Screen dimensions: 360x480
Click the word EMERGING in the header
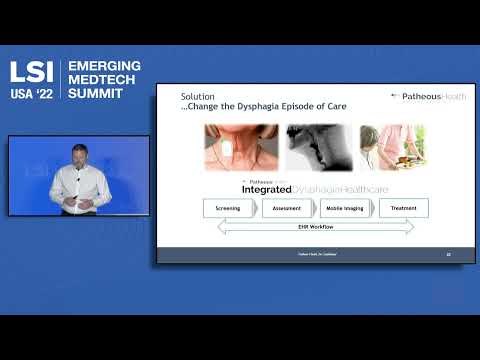click(x=104, y=66)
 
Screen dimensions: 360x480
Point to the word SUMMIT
click(x=96, y=94)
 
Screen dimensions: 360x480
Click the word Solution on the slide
click(x=198, y=97)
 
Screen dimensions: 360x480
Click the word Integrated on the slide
click(x=267, y=189)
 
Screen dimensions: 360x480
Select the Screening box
click(x=229, y=208)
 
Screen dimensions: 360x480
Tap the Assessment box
click(x=288, y=208)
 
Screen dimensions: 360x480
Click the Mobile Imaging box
click(x=345, y=208)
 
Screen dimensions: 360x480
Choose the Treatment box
click(x=404, y=208)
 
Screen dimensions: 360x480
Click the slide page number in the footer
click(x=447, y=255)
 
